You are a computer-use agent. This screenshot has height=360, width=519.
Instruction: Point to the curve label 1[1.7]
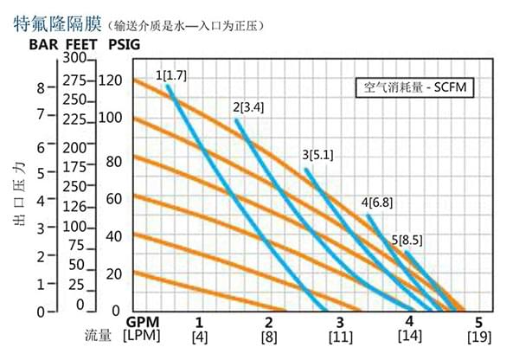tap(170, 75)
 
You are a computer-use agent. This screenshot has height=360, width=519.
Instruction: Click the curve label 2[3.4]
tap(247, 107)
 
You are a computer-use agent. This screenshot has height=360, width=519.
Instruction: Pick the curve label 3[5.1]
tap(317, 155)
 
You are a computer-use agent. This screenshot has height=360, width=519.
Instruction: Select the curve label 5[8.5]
tap(407, 240)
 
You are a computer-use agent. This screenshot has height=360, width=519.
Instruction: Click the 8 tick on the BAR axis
tap(40, 87)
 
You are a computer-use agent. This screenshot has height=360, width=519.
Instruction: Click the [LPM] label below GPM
tap(141, 336)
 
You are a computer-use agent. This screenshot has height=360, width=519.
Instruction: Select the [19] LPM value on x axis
tap(478, 336)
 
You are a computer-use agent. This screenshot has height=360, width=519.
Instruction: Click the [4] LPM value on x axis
tap(199, 336)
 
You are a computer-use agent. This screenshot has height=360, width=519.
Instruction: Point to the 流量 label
tap(98, 334)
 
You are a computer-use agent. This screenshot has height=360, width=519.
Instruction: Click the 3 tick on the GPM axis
tap(340, 321)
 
